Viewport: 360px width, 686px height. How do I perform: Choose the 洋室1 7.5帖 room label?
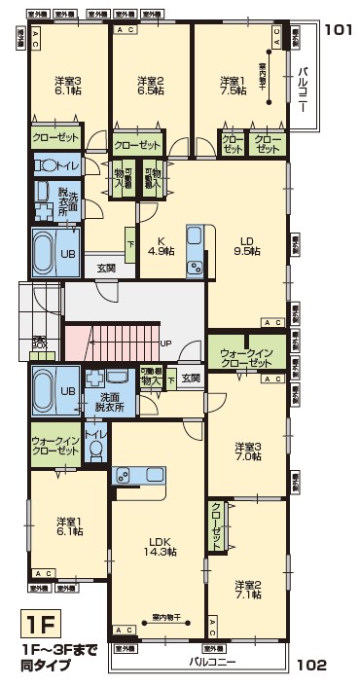(x=233, y=88)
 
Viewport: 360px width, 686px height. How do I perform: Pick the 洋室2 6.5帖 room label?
(x=149, y=88)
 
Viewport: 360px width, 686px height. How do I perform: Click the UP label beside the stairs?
(x=165, y=343)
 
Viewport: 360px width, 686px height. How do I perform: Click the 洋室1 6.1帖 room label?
(x=66, y=525)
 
